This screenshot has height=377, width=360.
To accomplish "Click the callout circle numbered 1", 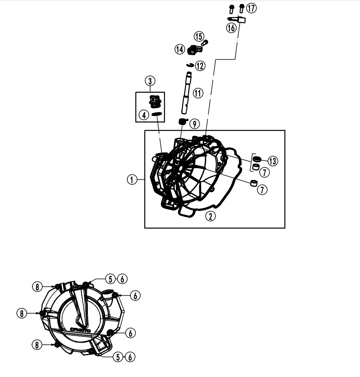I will pyautogui.click(x=132, y=180).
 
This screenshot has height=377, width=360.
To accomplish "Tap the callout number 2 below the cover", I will pyautogui.click(x=210, y=216).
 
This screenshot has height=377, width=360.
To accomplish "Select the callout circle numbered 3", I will pyautogui.click(x=150, y=81).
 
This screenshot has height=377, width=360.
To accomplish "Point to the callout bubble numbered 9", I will pyautogui.click(x=194, y=124).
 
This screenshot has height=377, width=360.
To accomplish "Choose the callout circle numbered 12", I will pyautogui.click(x=200, y=66).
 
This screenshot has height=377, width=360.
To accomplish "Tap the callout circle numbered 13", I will pyautogui.click(x=272, y=160).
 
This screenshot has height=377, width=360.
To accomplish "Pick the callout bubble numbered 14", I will pyautogui.click(x=180, y=49).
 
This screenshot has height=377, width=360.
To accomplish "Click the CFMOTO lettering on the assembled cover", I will pyautogui.click(x=80, y=330).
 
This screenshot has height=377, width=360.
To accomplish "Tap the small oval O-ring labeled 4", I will pyautogui.click(x=157, y=114).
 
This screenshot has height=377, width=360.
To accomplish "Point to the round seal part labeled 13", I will pyautogui.click(x=257, y=159).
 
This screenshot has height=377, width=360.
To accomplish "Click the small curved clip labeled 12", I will pyautogui.click(x=190, y=64).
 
